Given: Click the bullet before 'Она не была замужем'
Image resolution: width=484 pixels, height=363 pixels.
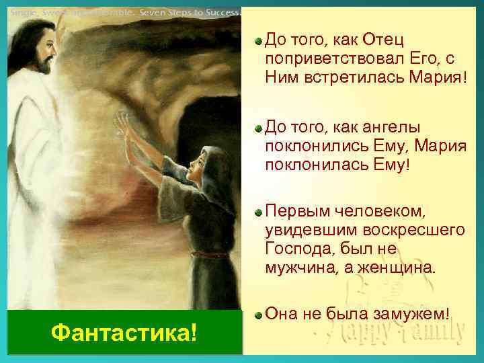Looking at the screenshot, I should click(258, 313).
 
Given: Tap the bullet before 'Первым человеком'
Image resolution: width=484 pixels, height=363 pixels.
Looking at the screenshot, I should click(258, 213).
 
